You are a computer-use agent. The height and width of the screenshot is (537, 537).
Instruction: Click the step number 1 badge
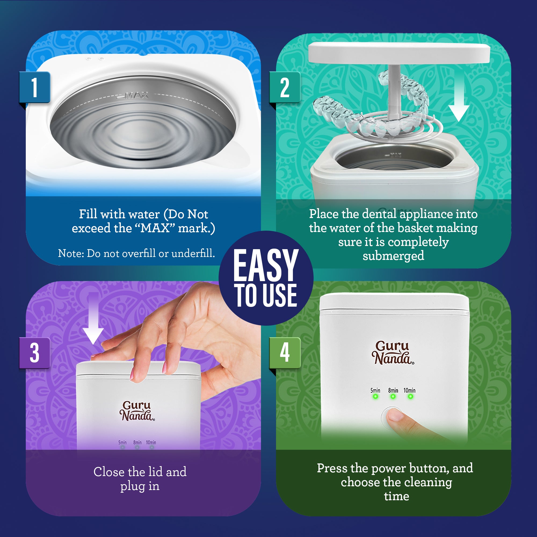(x=34, y=87)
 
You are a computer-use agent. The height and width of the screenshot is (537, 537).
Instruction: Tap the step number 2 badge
(x=285, y=87)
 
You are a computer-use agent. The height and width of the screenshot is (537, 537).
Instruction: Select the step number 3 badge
(x=34, y=353)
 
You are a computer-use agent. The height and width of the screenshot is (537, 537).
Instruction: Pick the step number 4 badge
(x=285, y=353)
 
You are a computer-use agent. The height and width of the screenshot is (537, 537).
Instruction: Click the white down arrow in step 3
(x=93, y=320)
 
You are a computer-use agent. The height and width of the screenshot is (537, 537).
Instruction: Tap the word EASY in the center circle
(x=266, y=266)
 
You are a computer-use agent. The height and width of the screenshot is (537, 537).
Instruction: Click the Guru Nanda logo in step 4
(x=393, y=353)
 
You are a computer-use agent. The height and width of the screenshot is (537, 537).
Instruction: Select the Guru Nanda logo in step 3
(x=137, y=411)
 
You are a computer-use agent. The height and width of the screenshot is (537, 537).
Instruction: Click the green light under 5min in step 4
(x=375, y=397)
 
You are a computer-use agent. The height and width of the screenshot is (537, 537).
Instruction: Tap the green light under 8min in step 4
(x=393, y=397)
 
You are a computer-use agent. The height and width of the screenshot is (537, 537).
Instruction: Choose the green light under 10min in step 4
(x=410, y=397)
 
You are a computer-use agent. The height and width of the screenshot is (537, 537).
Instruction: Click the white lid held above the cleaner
(x=399, y=53)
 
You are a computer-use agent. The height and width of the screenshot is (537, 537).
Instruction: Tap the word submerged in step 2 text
(x=393, y=256)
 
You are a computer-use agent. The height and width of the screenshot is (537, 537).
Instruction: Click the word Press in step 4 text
(x=332, y=468)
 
